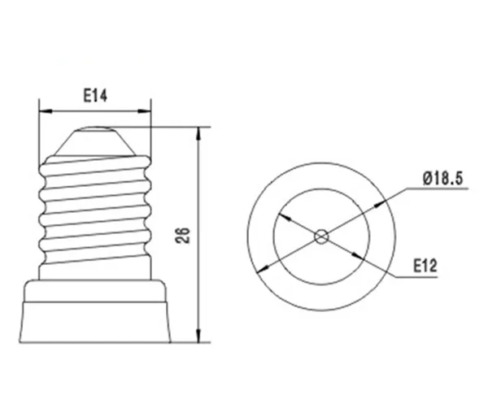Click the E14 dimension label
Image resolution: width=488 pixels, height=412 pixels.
tap(95, 96)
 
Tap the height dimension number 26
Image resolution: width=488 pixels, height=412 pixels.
tap(183, 236)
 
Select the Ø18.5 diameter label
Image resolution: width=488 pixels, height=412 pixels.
tap(443, 179)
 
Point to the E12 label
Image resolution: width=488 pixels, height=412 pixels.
tap(425, 266)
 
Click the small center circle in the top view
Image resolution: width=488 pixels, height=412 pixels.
tap(321, 237)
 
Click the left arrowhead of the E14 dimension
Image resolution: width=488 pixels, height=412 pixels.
tap(46, 111)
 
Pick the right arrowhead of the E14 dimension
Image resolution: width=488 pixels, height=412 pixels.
tap(145, 111)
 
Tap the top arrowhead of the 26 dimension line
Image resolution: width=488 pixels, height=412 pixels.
tap(198, 134)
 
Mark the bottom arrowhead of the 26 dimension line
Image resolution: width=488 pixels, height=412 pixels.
tap(198, 336)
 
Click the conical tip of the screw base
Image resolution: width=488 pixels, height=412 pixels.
tap(95, 141)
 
